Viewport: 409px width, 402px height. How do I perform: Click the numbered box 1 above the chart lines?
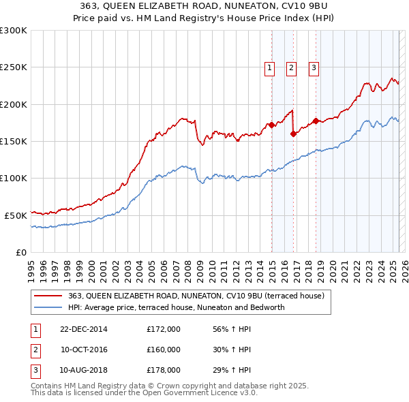click(269, 67)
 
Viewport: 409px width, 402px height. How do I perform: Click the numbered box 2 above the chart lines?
click(291, 67)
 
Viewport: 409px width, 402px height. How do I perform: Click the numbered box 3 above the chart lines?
click(314, 67)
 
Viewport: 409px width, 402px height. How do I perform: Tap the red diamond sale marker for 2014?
click(271, 125)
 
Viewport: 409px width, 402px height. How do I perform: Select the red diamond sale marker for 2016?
click(293, 134)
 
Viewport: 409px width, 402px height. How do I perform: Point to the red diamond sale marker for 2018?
click(316, 121)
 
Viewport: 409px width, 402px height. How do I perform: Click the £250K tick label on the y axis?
click(14, 67)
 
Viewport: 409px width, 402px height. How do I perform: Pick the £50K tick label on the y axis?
click(16, 215)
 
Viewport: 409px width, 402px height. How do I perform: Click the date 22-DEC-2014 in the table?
click(83, 329)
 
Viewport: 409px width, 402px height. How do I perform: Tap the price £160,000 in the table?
click(164, 350)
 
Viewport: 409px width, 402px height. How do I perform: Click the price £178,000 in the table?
click(164, 370)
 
